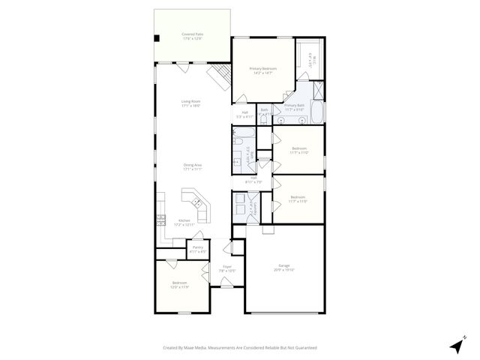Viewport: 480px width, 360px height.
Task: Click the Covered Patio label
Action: [193, 35]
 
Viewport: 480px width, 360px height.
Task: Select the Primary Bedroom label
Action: [259, 71]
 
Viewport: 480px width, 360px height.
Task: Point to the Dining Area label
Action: [193, 166]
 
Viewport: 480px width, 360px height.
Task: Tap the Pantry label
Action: [198, 249]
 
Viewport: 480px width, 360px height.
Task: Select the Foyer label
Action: [226, 268]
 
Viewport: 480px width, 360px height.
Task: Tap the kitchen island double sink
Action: [193, 200]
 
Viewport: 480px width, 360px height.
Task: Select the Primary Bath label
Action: [294, 107]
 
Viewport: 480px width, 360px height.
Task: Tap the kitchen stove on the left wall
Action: [160, 220]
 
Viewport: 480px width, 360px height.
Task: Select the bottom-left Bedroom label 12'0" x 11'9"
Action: [178, 285]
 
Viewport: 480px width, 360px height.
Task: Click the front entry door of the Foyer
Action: [226, 282]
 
